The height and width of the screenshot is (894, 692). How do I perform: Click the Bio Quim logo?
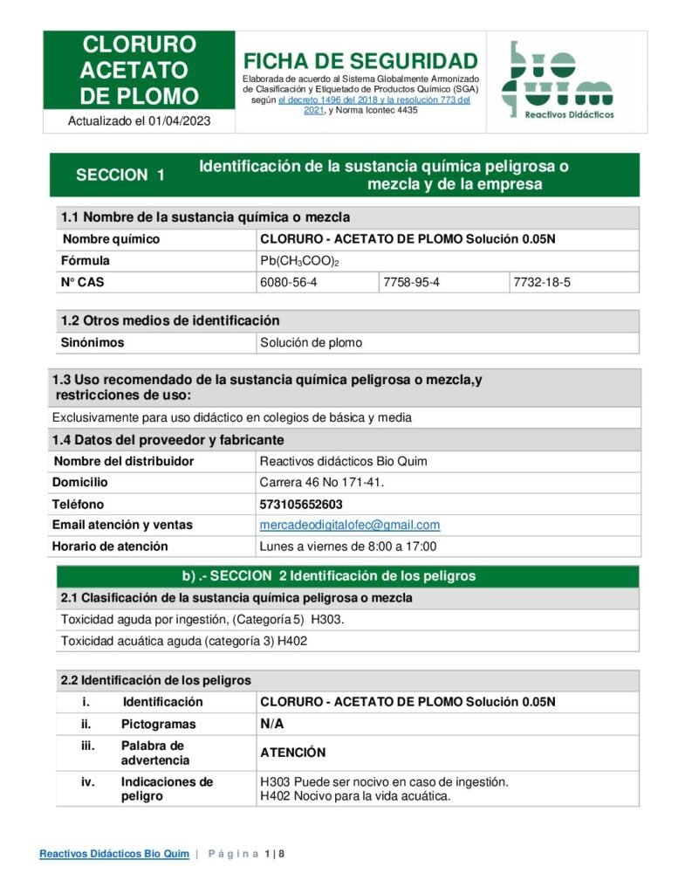click(x=557, y=79)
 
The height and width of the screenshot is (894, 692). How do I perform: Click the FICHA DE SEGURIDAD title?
click(x=360, y=61)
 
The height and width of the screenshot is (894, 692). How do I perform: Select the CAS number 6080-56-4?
click(x=289, y=282)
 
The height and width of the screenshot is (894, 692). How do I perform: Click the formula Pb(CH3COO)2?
click(x=299, y=261)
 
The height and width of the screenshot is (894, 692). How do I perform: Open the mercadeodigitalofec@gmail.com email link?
click(x=350, y=525)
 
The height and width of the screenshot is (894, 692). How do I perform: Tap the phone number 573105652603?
click(x=301, y=504)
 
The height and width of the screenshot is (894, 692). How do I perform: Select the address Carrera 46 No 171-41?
click(x=322, y=482)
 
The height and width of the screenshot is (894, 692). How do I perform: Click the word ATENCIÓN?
click(x=293, y=753)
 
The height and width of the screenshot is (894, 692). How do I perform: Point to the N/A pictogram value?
click(x=272, y=724)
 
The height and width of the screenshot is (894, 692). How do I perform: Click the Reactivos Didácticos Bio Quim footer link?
click(x=114, y=854)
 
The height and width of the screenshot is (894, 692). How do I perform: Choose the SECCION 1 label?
click(x=120, y=175)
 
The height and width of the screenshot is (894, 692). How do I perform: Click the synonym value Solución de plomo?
click(x=312, y=342)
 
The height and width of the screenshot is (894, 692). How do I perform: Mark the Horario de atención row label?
click(x=110, y=547)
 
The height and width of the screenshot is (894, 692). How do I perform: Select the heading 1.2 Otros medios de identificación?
click(x=170, y=320)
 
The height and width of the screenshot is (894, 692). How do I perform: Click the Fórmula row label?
click(x=86, y=261)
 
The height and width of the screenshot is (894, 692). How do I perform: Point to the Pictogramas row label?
click(x=158, y=724)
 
